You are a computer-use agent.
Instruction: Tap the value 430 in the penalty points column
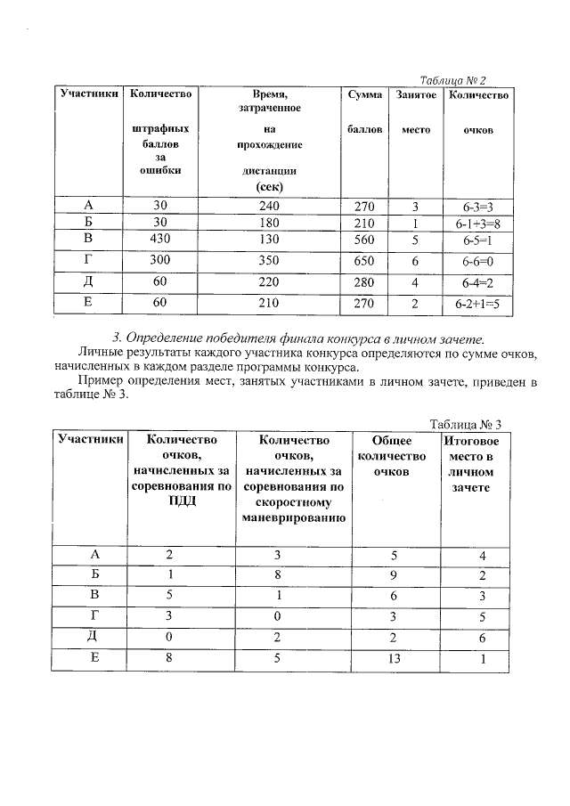pyautogui.click(x=160, y=240)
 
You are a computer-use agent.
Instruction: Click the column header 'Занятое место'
pyautogui.click(x=415, y=111)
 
